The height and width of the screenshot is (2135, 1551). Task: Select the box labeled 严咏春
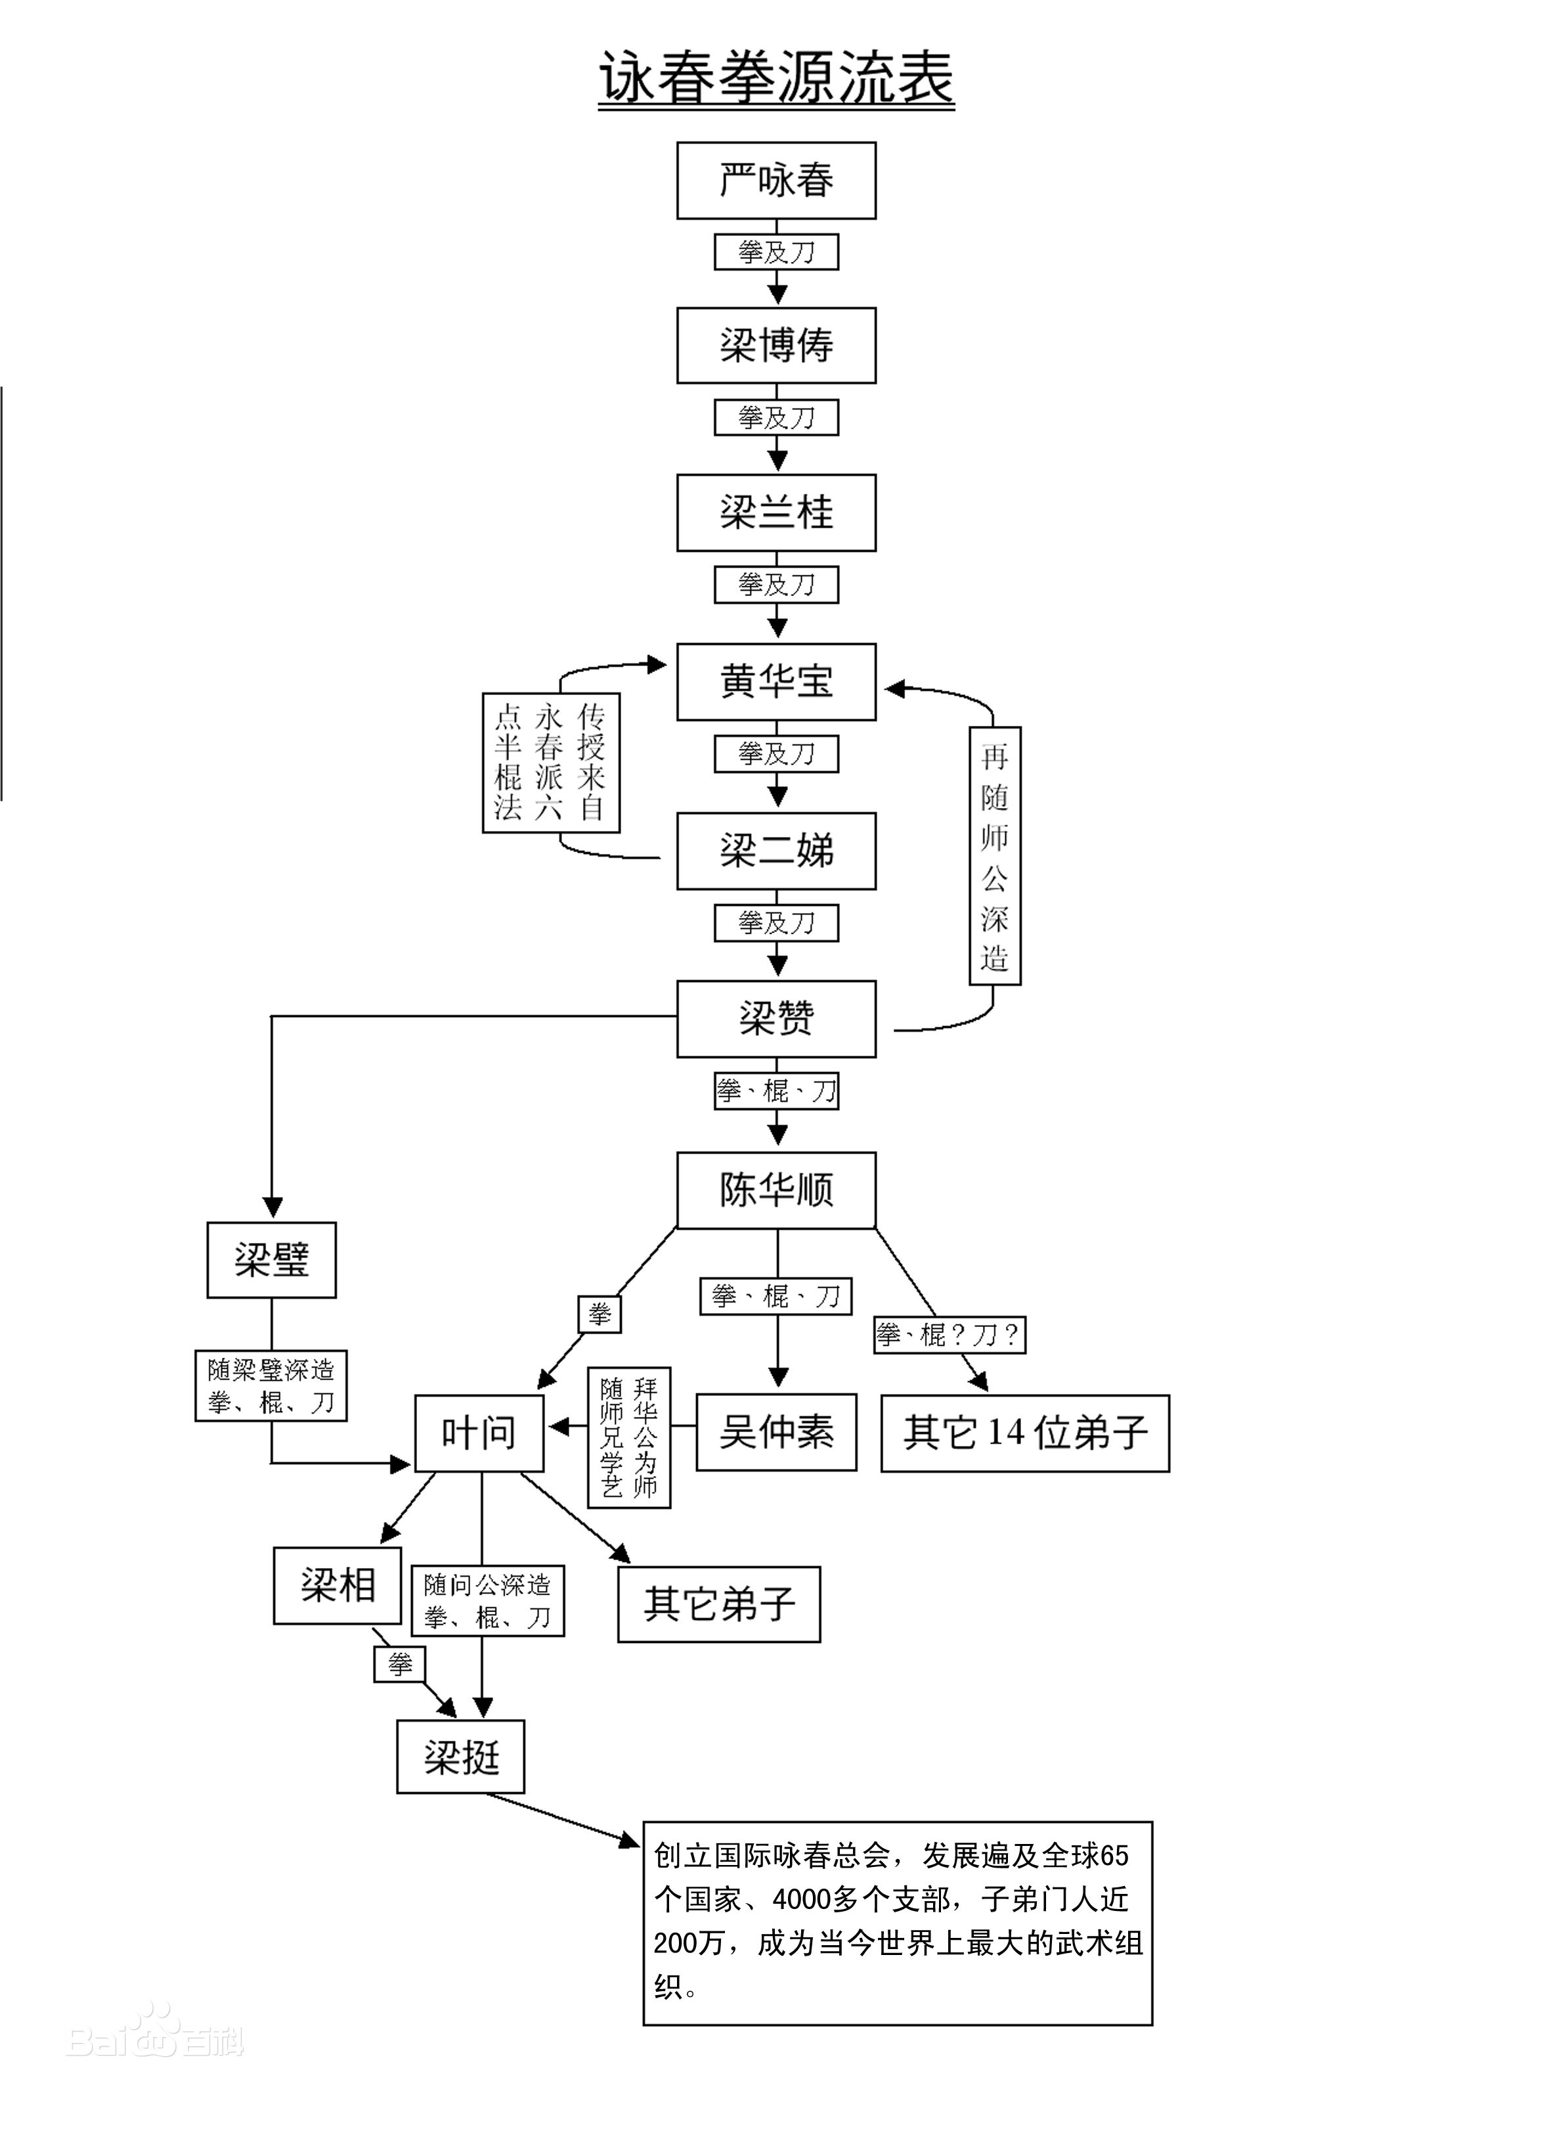point(775,181)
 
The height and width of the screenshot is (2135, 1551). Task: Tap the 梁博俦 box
point(775,346)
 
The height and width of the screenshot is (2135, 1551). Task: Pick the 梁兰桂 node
point(775,512)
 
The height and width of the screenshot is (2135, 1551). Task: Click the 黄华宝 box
point(775,681)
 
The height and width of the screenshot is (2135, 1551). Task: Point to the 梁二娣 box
point(775,851)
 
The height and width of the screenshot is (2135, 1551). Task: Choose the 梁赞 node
point(775,1018)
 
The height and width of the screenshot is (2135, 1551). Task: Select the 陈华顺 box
point(775,1190)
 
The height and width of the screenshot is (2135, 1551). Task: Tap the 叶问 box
point(479,1433)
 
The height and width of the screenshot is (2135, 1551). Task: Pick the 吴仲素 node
point(775,1432)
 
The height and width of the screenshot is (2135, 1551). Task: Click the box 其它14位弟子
point(1025,1433)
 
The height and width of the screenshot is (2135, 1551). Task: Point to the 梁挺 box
point(460,1757)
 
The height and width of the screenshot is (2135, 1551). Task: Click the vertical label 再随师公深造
point(995,856)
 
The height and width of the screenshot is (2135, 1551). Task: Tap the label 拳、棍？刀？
point(949,1334)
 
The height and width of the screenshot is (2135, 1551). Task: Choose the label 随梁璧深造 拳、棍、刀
point(271,1385)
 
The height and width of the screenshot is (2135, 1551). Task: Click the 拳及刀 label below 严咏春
point(775,252)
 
